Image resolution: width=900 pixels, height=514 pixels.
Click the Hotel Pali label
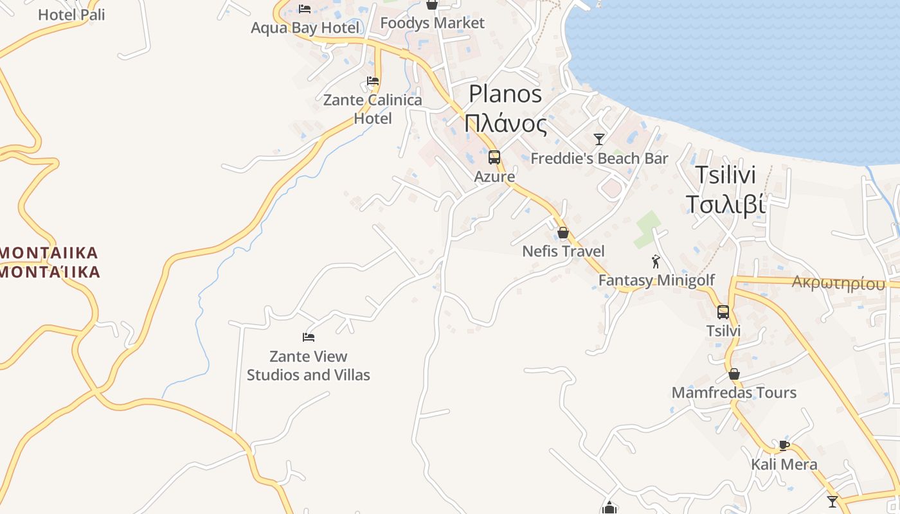[x=71, y=14]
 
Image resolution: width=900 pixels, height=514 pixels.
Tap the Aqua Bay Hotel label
[x=305, y=28]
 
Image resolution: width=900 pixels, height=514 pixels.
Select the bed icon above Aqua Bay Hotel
[x=305, y=8]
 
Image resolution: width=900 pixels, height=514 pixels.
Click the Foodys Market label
[x=432, y=23]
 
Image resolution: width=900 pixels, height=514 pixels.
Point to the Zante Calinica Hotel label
[x=373, y=109]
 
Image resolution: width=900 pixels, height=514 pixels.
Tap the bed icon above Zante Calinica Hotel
[x=373, y=81]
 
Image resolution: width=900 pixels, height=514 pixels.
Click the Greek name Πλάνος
[x=506, y=123]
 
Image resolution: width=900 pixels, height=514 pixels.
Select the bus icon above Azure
[x=494, y=157]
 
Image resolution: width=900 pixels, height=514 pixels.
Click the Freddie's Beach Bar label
[x=599, y=158]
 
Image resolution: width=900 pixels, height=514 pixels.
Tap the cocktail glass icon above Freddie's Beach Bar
[x=599, y=139]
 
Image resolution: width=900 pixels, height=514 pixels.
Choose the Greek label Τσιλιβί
[x=725, y=204]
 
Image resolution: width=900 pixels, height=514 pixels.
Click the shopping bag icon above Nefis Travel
[x=563, y=232]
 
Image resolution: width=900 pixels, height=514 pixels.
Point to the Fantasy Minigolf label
[x=656, y=280]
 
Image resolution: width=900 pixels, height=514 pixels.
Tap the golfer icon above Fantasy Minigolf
[x=656, y=261]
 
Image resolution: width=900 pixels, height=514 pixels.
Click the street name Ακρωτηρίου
[x=838, y=283]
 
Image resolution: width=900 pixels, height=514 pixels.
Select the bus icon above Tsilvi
[x=723, y=312]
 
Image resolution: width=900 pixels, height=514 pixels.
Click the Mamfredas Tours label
[x=734, y=393]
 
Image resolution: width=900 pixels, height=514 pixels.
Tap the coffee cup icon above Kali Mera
[x=784, y=445]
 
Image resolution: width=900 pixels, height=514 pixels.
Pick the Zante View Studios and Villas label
[x=309, y=366]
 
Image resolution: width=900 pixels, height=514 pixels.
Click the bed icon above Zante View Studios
[x=309, y=337]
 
